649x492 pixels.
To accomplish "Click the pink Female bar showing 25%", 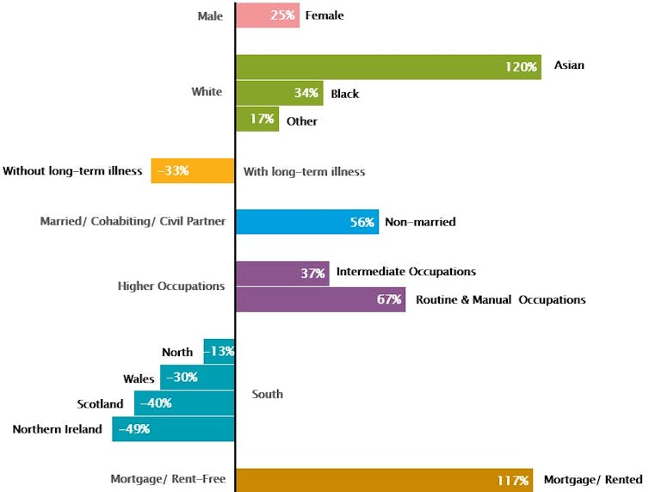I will coord(267,15).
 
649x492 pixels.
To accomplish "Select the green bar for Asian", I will coord(387,66).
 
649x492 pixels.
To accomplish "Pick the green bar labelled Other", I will coord(257,120).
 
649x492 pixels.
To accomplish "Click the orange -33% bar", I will coord(193,170).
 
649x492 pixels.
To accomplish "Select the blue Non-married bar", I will coord(306,222).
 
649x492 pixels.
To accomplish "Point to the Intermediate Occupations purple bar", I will coord(281,274).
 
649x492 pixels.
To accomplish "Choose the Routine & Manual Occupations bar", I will coord(319,299).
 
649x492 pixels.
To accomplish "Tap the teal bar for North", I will coord(219,351).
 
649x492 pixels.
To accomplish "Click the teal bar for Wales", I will coord(197,377).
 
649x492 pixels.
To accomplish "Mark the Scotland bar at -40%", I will coord(184,403).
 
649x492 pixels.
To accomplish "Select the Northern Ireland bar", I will coord(173,428).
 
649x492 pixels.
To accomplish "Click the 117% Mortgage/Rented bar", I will coord(383,479).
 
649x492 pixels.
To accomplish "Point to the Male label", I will coord(210,15).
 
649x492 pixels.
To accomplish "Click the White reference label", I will coord(207,92).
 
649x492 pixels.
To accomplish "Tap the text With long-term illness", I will coord(304,171).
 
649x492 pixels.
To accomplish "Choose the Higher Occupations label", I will coord(171,286).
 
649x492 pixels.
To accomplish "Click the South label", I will coord(267,394).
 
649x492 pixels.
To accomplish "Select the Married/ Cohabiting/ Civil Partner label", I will coord(133,221).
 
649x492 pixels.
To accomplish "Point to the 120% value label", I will coord(522,66).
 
